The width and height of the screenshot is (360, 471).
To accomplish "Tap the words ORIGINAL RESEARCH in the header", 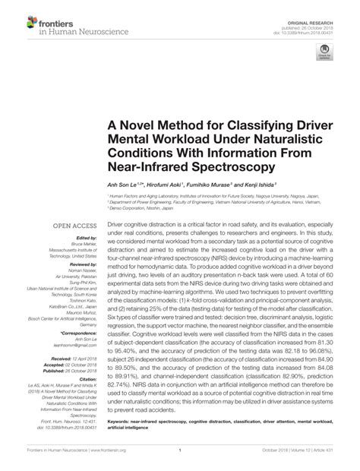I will tap(321, 6).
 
